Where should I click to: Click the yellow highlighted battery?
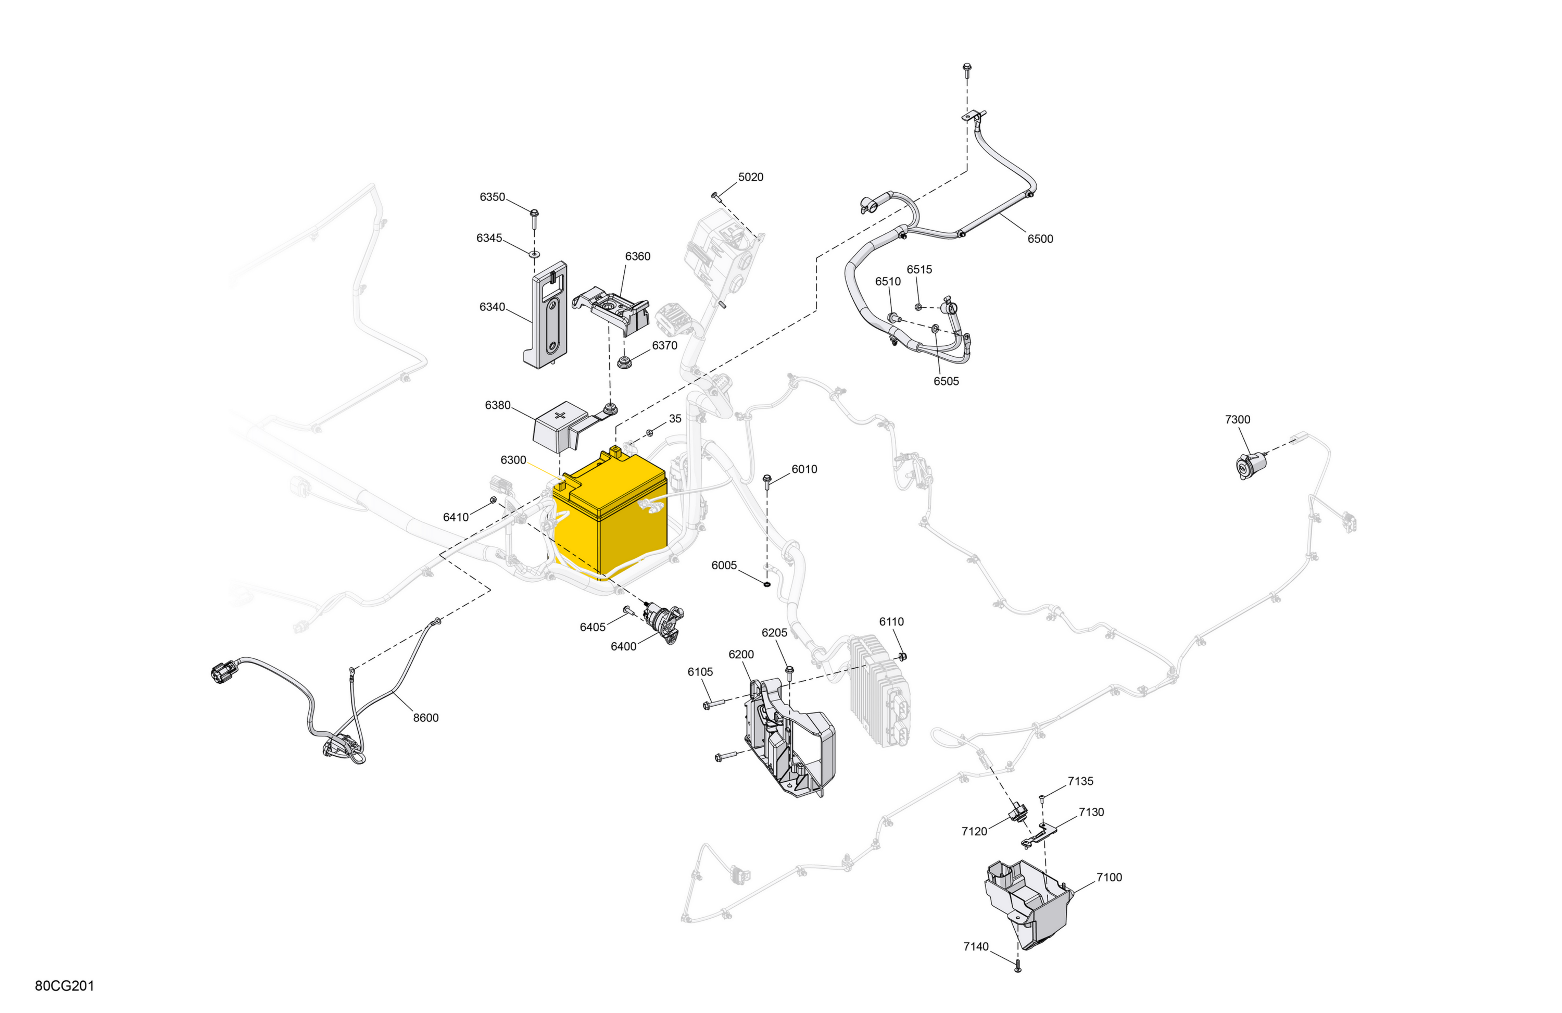610,516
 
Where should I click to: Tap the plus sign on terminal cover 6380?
560,415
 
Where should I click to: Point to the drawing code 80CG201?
65,986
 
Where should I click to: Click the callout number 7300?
1238,419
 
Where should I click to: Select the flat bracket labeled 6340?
546,315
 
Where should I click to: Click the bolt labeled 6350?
534,219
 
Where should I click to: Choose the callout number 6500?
1040,239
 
